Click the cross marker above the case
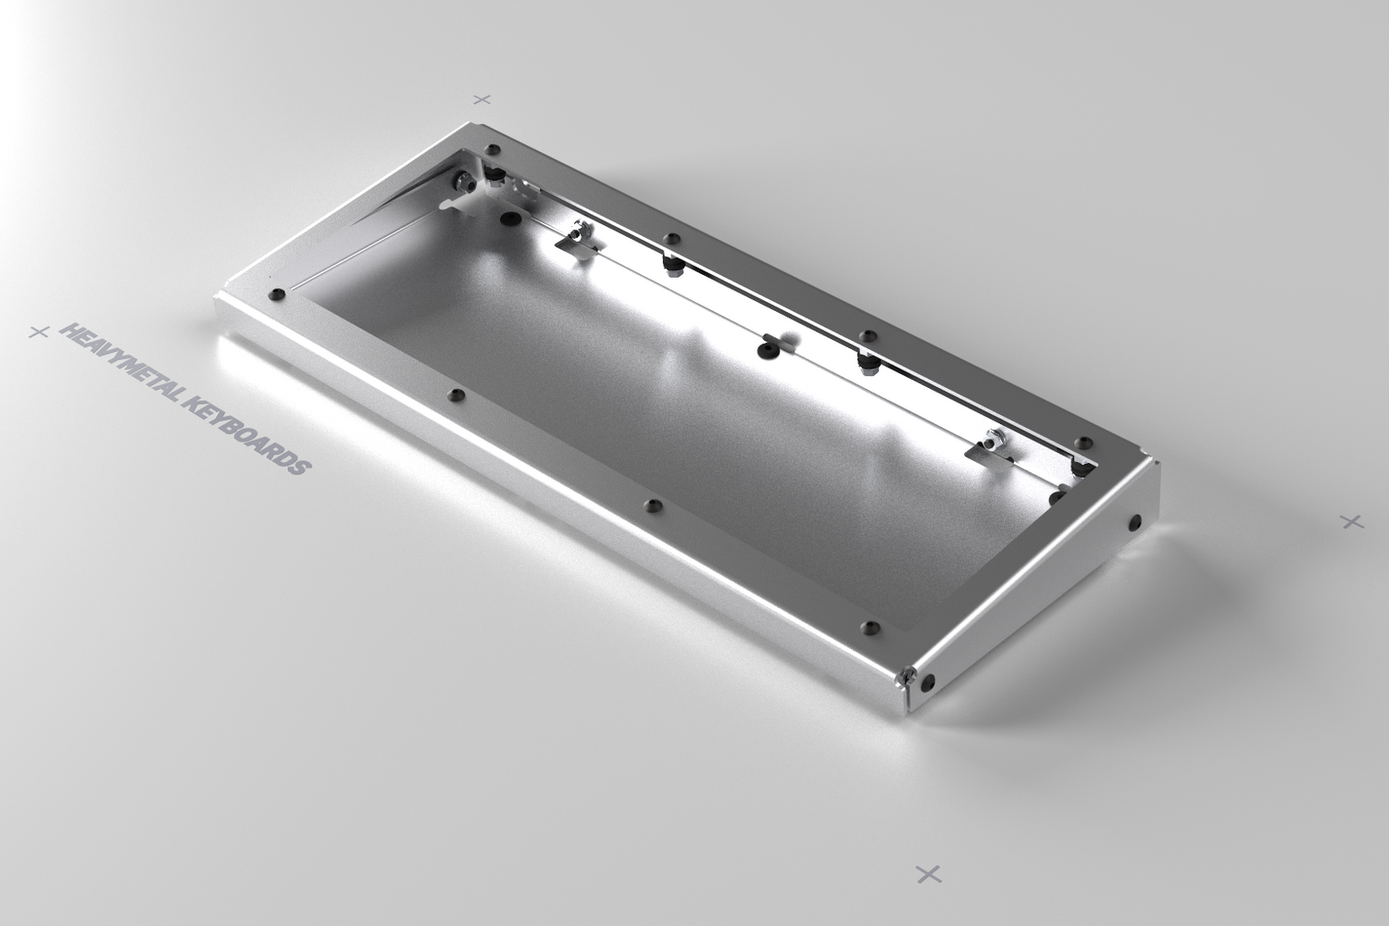(482, 98)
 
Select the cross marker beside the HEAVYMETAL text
(38, 332)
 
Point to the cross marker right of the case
(1353, 522)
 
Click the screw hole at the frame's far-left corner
(493, 149)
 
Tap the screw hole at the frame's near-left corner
(275, 295)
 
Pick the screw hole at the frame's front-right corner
(868, 628)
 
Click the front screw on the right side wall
(929, 683)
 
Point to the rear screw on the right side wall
(1134, 523)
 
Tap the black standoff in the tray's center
(765, 349)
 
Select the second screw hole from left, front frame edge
(453, 395)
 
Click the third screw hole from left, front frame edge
(655, 506)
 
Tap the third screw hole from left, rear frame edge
(867, 335)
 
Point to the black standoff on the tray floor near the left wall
(508, 219)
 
